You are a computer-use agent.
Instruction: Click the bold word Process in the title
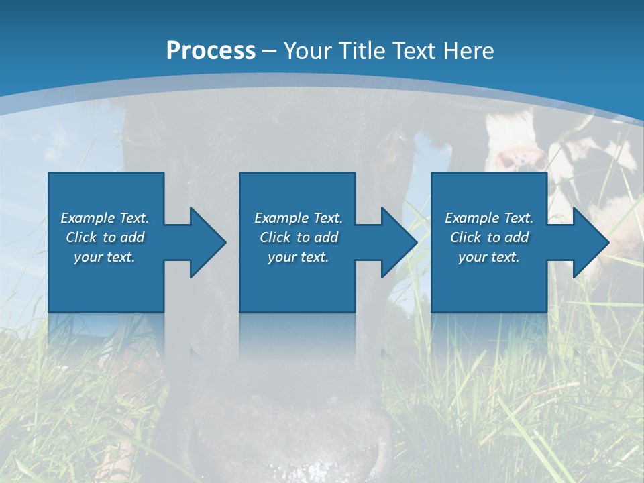coord(211,51)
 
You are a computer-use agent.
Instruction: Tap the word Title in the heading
coord(360,51)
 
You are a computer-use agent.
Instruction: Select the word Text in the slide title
coord(415,51)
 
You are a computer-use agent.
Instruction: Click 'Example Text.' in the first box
coord(105,218)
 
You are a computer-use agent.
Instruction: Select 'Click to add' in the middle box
coord(299,237)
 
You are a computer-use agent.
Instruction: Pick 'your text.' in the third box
coord(489,257)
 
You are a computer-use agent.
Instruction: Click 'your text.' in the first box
coord(105,257)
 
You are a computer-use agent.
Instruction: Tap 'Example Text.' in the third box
coord(489,218)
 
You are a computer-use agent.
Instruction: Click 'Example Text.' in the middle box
coord(299,218)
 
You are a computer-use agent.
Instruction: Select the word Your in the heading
coord(308,51)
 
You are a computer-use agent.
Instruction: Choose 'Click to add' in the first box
coord(105,237)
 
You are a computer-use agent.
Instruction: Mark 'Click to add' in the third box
coord(489,237)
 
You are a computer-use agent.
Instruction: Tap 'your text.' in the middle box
coord(299,257)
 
